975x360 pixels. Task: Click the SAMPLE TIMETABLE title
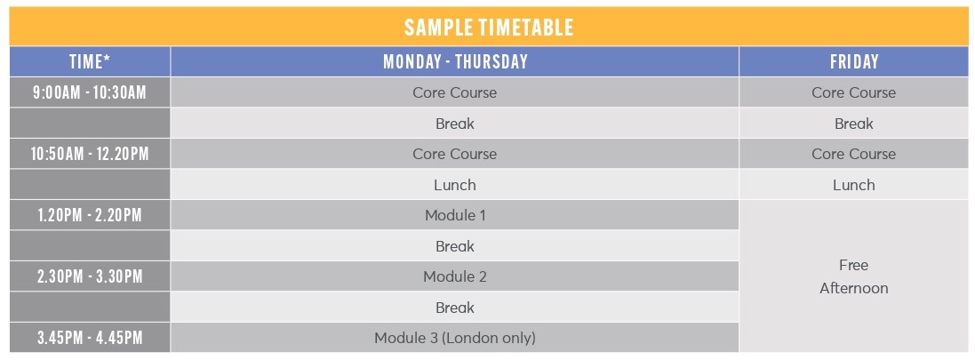[x=489, y=28]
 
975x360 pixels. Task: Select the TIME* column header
[x=90, y=61]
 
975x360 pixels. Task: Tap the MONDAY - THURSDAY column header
[x=455, y=61]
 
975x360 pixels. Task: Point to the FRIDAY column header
[x=854, y=61]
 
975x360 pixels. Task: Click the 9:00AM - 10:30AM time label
[x=90, y=92]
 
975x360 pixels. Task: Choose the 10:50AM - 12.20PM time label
[x=90, y=154]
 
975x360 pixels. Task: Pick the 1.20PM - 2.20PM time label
[x=90, y=215]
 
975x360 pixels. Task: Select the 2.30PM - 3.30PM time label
[x=90, y=276]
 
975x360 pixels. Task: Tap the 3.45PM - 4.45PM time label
[x=90, y=339]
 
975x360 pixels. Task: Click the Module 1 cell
[x=455, y=215]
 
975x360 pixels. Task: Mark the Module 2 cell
[x=455, y=276]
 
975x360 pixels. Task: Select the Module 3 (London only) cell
[x=455, y=339]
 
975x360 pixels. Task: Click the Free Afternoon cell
[x=854, y=276]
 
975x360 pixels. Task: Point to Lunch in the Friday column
[x=854, y=185]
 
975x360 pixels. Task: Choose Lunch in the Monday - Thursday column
[x=455, y=185]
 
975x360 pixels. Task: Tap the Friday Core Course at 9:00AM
[x=854, y=92]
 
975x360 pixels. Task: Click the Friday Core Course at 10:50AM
[x=854, y=154]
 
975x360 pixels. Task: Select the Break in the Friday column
[x=854, y=124]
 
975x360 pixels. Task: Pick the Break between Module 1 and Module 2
[x=455, y=246]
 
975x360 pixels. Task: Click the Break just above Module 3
[x=455, y=308]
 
